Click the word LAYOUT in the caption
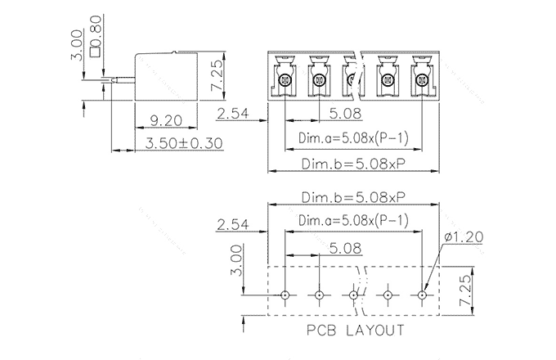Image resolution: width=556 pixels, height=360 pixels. (x=374, y=331)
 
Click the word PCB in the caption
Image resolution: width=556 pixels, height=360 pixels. (x=321, y=331)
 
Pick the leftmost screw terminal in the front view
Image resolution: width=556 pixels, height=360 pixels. (x=284, y=80)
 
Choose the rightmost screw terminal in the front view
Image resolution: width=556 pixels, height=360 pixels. (x=422, y=80)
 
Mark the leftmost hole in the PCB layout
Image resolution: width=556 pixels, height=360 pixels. (x=285, y=295)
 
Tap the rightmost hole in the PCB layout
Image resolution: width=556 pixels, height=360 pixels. (x=423, y=295)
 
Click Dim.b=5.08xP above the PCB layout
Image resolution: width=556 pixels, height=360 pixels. (x=353, y=199)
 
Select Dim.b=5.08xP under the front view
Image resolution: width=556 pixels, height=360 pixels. (x=353, y=164)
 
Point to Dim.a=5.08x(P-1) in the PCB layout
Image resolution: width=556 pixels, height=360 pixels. (x=353, y=221)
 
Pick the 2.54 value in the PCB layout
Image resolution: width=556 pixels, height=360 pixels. (x=234, y=225)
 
